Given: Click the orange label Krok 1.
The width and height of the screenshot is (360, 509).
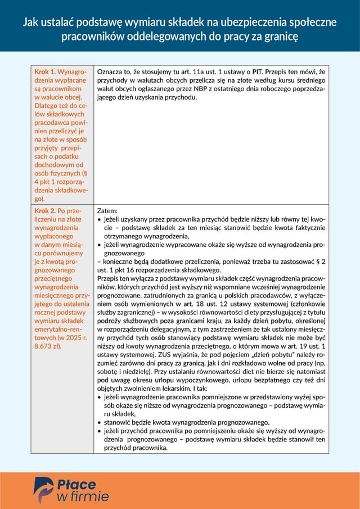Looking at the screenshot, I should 45,72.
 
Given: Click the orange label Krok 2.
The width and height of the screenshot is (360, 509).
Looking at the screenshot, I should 45,210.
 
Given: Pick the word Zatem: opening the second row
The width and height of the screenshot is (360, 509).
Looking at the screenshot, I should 107,210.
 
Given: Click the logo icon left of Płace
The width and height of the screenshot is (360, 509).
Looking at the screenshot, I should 43,489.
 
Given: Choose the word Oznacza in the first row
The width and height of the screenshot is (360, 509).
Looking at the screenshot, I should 111,72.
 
